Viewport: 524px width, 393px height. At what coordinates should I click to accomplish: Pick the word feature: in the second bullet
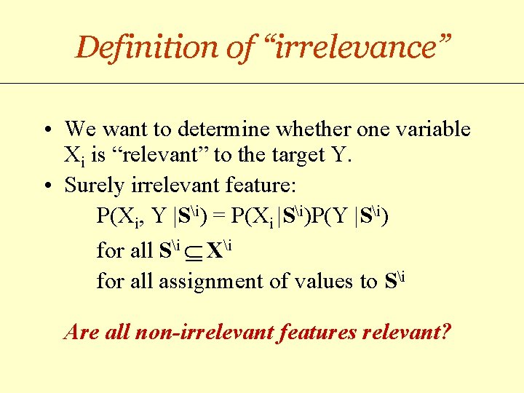point(256,186)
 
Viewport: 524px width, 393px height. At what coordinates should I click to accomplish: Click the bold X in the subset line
point(215,252)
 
